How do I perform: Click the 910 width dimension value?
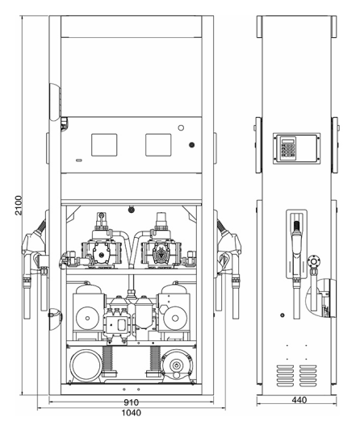(x=132, y=401)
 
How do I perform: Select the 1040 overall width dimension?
(x=132, y=412)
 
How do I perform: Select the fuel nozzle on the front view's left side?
(x=34, y=250)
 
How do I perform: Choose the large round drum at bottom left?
(x=86, y=365)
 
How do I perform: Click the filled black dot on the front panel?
(x=191, y=145)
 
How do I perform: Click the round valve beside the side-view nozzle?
(x=314, y=260)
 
